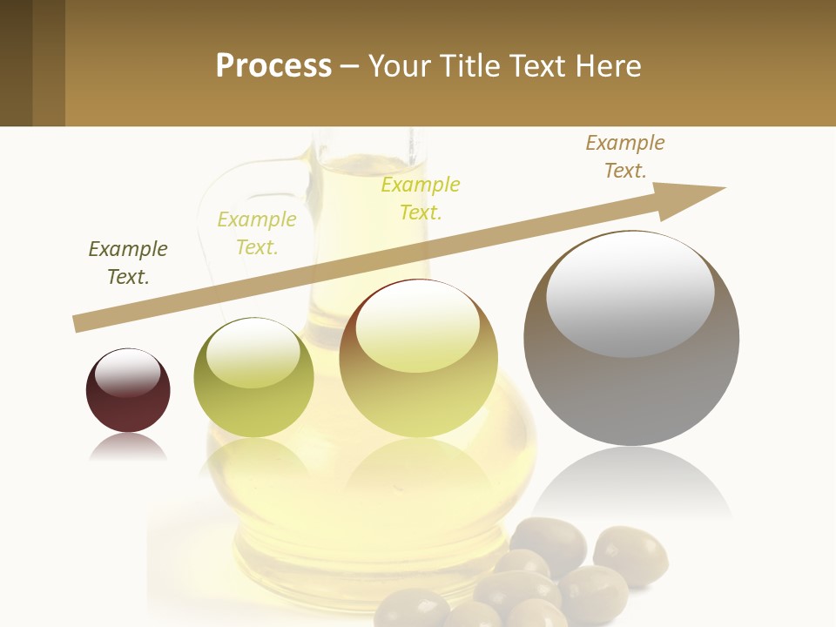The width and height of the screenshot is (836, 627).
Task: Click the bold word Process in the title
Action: (273, 66)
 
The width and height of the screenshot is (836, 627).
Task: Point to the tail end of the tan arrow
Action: (80, 323)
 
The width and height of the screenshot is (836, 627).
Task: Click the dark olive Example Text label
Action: (128, 263)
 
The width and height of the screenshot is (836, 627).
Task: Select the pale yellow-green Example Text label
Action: (257, 233)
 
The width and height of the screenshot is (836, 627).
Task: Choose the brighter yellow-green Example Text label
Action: (421, 199)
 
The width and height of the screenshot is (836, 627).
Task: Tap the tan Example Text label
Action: (624, 157)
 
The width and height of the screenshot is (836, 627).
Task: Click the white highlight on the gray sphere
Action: (630, 292)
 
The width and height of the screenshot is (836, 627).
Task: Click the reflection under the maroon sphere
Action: (128, 447)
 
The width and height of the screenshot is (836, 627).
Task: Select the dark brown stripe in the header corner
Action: (16, 63)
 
